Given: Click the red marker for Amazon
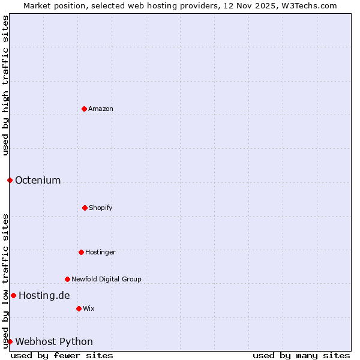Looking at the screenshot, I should (x=84, y=109).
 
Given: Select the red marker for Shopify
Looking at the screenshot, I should (x=85, y=208).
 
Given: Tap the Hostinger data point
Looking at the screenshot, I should (x=81, y=252).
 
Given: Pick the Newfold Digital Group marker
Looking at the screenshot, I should (x=67, y=279).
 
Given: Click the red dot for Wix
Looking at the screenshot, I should (x=79, y=308).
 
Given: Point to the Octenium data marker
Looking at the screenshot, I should (x=10, y=180).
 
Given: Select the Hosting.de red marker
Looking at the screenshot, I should (x=13, y=295).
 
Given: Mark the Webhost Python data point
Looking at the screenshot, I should (x=10, y=341).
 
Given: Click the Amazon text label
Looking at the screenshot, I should (x=101, y=109).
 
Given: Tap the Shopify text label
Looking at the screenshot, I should (x=101, y=208).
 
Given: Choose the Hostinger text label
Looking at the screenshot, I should (x=100, y=253).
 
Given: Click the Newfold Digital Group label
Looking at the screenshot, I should (x=106, y=279).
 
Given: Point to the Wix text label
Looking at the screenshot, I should (x=89, y=309).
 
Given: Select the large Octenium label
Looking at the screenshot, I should (x=38, y=181).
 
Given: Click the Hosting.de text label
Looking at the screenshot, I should (x=44, y=295).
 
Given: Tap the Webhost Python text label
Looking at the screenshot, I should (x=54, y=342).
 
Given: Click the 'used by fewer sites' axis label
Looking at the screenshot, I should (x=62, y=355).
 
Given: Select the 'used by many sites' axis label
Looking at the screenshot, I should (x=301, y=355).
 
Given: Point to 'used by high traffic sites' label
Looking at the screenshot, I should (x=5, y=85).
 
